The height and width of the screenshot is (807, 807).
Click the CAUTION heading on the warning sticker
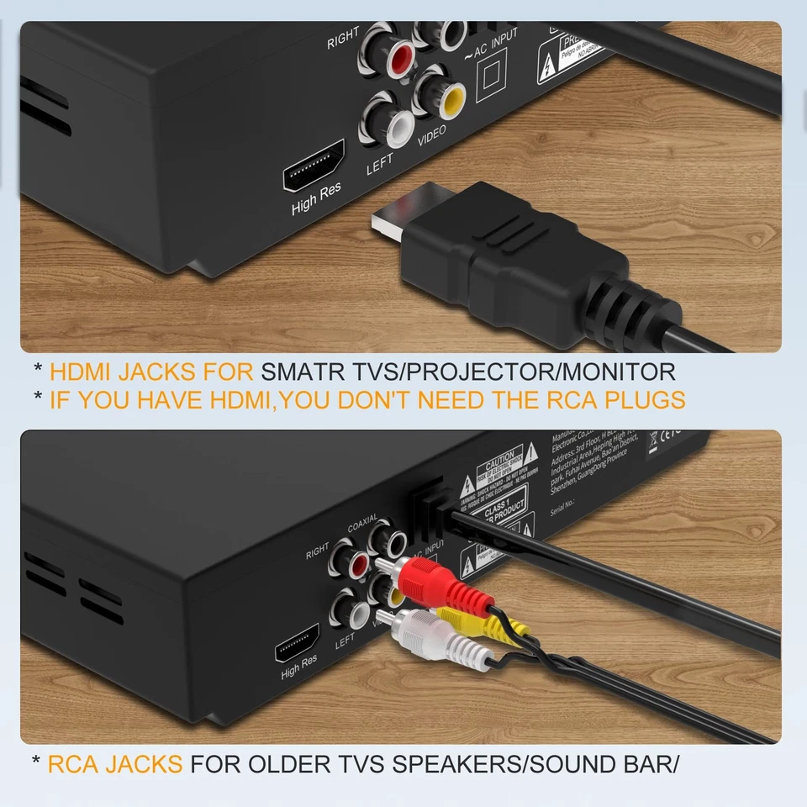pyautogui.click(x=500, y=458)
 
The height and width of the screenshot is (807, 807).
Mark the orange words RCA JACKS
pyautogui.click(x=114, y=764)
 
